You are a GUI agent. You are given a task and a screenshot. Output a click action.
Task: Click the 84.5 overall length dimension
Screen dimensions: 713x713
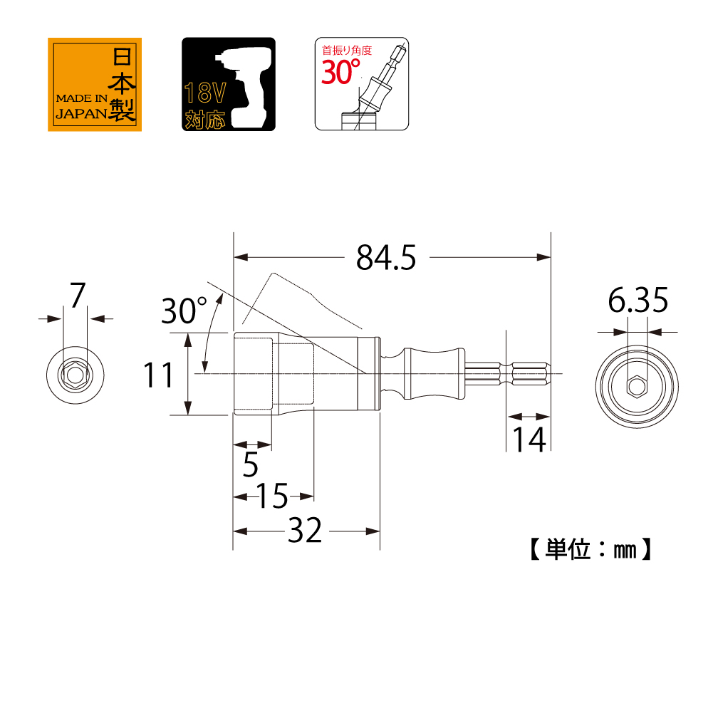(385, 258)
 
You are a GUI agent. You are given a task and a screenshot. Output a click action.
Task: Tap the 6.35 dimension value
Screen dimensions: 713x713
(638, 300)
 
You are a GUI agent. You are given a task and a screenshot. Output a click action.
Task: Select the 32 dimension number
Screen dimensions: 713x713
(305, 530)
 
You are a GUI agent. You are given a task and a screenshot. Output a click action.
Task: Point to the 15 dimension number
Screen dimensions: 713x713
(272, 496)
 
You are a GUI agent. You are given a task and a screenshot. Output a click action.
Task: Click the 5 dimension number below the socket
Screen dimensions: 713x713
(251, 464)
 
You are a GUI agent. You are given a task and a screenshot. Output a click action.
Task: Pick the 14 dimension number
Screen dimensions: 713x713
(529, 439)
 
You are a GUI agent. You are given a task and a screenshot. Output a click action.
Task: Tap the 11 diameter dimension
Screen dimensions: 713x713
(158, 375)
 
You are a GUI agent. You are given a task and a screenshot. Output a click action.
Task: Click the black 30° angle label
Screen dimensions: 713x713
(184, 311)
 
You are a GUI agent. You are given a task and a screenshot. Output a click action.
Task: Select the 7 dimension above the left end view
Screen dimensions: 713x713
(78, 295)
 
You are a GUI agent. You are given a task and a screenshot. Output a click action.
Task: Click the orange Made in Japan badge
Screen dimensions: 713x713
(95, 85)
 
